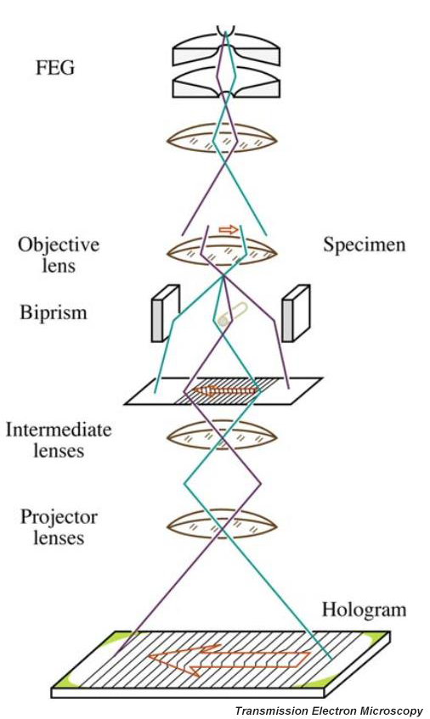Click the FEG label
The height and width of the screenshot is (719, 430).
point(55,68)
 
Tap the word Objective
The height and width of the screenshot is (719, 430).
point(59,244)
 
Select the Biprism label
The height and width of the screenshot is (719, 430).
point(54,312)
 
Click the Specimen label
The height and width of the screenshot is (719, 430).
point(365,244)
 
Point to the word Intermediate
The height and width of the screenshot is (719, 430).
point(59,430)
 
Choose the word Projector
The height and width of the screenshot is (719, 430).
point(59,518)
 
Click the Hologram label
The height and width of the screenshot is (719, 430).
point(364,610)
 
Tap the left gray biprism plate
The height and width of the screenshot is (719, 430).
point(165,313)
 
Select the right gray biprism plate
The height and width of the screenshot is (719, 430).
point(296,313)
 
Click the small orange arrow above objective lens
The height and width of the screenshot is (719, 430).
point(229,229)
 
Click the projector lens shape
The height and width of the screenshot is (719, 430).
point(222,525)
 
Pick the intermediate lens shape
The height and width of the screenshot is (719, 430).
point(222,435)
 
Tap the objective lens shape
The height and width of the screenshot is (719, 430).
point(222,252)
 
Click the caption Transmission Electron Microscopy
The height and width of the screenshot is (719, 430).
point(329,711)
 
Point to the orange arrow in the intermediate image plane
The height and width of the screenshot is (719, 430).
point(225,390)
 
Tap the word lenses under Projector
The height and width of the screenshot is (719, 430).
point(59,538)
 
